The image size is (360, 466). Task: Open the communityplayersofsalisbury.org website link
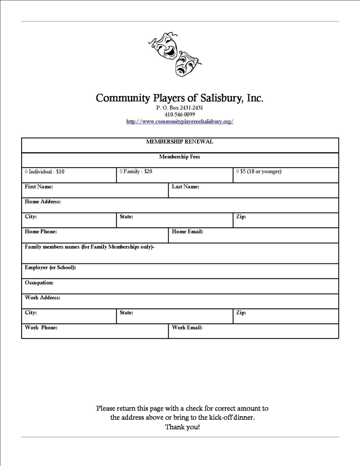pos(180,122)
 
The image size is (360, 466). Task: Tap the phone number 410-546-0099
pos(180,114)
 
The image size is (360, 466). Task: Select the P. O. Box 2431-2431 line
pos(180,108)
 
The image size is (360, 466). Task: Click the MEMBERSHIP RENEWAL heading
pos(180,142)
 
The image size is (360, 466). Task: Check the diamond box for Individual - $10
pos(26,172)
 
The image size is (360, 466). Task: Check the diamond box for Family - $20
pos(121,172)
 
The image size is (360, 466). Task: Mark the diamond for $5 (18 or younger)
pos(238,172)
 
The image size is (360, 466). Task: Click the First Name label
pos(39,186)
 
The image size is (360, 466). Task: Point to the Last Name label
pos(185,186)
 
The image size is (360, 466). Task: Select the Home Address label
pos(43,202)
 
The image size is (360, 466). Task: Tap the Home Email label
pos(187,231)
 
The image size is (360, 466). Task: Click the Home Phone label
pos(41,231)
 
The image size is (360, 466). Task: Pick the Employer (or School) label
pos(50,267)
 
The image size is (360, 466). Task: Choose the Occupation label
pos(39,283)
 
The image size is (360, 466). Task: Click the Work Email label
pos(187,327)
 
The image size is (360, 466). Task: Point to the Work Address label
pos(43,298)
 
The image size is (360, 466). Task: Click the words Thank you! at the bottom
pos(182,426)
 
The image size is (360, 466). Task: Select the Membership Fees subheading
pos(180,157)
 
